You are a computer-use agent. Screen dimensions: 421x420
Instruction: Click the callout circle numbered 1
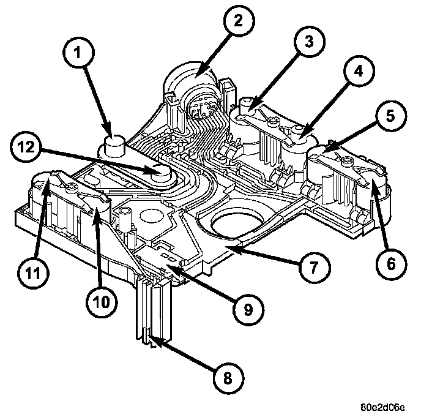(79, 53)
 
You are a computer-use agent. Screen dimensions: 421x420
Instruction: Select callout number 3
(309, 42)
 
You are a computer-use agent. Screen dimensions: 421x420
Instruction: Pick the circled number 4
(359, 71)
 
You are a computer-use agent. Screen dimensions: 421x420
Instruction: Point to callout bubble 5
(391, 116)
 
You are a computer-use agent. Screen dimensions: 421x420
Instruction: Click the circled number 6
(391, 264)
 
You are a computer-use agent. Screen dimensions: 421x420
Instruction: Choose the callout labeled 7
(315, 268)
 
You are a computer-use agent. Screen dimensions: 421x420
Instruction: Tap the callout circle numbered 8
(228, 378)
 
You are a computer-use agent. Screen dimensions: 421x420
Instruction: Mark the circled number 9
(248, 309)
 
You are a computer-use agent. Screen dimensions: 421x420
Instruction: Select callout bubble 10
(102, 302)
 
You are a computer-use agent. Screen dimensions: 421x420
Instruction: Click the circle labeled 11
(33, 273)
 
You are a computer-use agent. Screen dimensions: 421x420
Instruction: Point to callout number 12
(26, 148)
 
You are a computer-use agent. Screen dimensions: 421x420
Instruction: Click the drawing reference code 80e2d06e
(383, 407)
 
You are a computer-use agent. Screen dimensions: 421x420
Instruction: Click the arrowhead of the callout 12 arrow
(151, 170)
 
